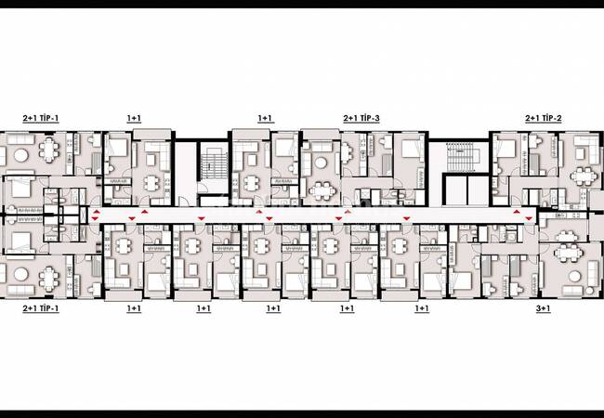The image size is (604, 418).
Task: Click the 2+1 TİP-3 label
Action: pos(361,118)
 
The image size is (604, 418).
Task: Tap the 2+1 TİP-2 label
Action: pos(544,118)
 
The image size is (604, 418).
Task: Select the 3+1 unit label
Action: pos(544,308)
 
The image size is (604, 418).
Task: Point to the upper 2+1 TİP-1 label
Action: pos(41,118)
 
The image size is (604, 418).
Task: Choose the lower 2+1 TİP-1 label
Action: pos(41,308)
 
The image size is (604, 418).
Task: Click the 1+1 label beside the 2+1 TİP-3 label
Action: pos(265,118)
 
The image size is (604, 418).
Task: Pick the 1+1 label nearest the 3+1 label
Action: pos(422,308)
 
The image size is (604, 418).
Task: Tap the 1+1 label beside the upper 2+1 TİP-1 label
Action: pos(134,118)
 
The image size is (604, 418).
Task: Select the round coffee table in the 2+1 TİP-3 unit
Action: pos(321,163)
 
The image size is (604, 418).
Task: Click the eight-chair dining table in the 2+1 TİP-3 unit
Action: pos(322,190)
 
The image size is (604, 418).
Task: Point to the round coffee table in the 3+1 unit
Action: pos(574,277)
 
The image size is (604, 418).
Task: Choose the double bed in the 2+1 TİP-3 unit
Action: pos(413,148)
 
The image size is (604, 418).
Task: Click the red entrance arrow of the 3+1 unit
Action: pos(529,218)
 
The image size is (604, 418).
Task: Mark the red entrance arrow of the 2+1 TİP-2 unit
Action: pos(516,212)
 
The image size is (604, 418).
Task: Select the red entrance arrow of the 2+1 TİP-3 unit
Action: pos(348,211)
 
